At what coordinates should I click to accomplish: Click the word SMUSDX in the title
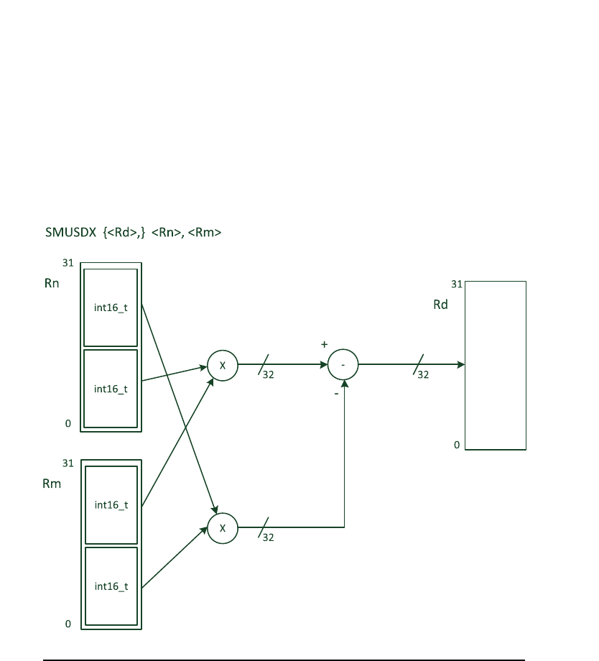pos(70,233)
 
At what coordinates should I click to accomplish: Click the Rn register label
pos(51,284)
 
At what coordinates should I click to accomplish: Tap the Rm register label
pos(52,484)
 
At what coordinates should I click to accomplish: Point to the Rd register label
pos(440,305)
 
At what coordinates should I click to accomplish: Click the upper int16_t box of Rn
pos(111,308)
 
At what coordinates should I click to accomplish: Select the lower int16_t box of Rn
pos(111,389)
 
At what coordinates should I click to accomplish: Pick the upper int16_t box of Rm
pos(111,504)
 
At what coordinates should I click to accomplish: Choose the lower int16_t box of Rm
pos(111,586)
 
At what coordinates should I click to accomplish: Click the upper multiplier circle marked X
pos(223,366)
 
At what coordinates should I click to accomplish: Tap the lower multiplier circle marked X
pos(223,528)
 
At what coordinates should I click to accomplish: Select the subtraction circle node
pos(343,366)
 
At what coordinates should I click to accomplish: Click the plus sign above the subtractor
pos(324,345)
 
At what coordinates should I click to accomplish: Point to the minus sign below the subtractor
pos(336,394)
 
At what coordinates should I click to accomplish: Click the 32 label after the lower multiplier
pos(268,537)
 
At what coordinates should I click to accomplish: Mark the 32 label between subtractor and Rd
pos(423,374)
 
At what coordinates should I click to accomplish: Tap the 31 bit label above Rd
pos(456,284)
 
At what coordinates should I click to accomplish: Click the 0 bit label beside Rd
pos(456,445)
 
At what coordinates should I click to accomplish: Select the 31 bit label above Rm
pos(68,463)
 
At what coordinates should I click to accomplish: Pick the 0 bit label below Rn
pos(68,424)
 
